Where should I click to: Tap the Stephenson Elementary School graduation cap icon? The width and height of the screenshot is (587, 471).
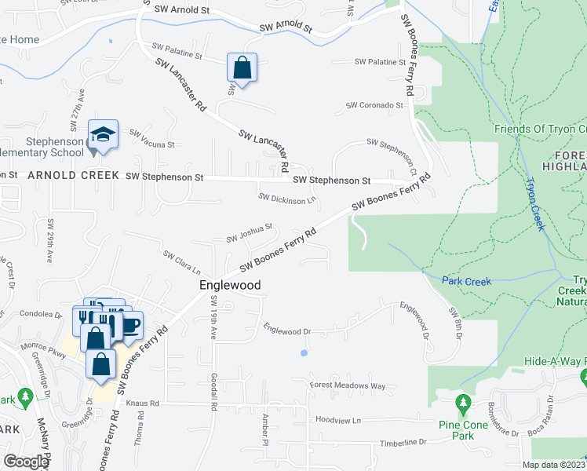click(102, 134)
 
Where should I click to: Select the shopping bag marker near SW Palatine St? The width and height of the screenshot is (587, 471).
click(242, 68)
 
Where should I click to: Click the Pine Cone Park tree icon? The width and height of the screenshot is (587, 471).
click(464, 405)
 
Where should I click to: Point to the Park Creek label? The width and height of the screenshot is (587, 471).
click(466, 280)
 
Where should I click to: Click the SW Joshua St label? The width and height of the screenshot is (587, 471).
click(249, 233)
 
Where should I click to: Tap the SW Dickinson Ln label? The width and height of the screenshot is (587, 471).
click(287, 199)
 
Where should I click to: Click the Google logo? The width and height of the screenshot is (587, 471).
click(25, 462)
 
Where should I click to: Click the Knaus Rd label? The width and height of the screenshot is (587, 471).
click(143, 403)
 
